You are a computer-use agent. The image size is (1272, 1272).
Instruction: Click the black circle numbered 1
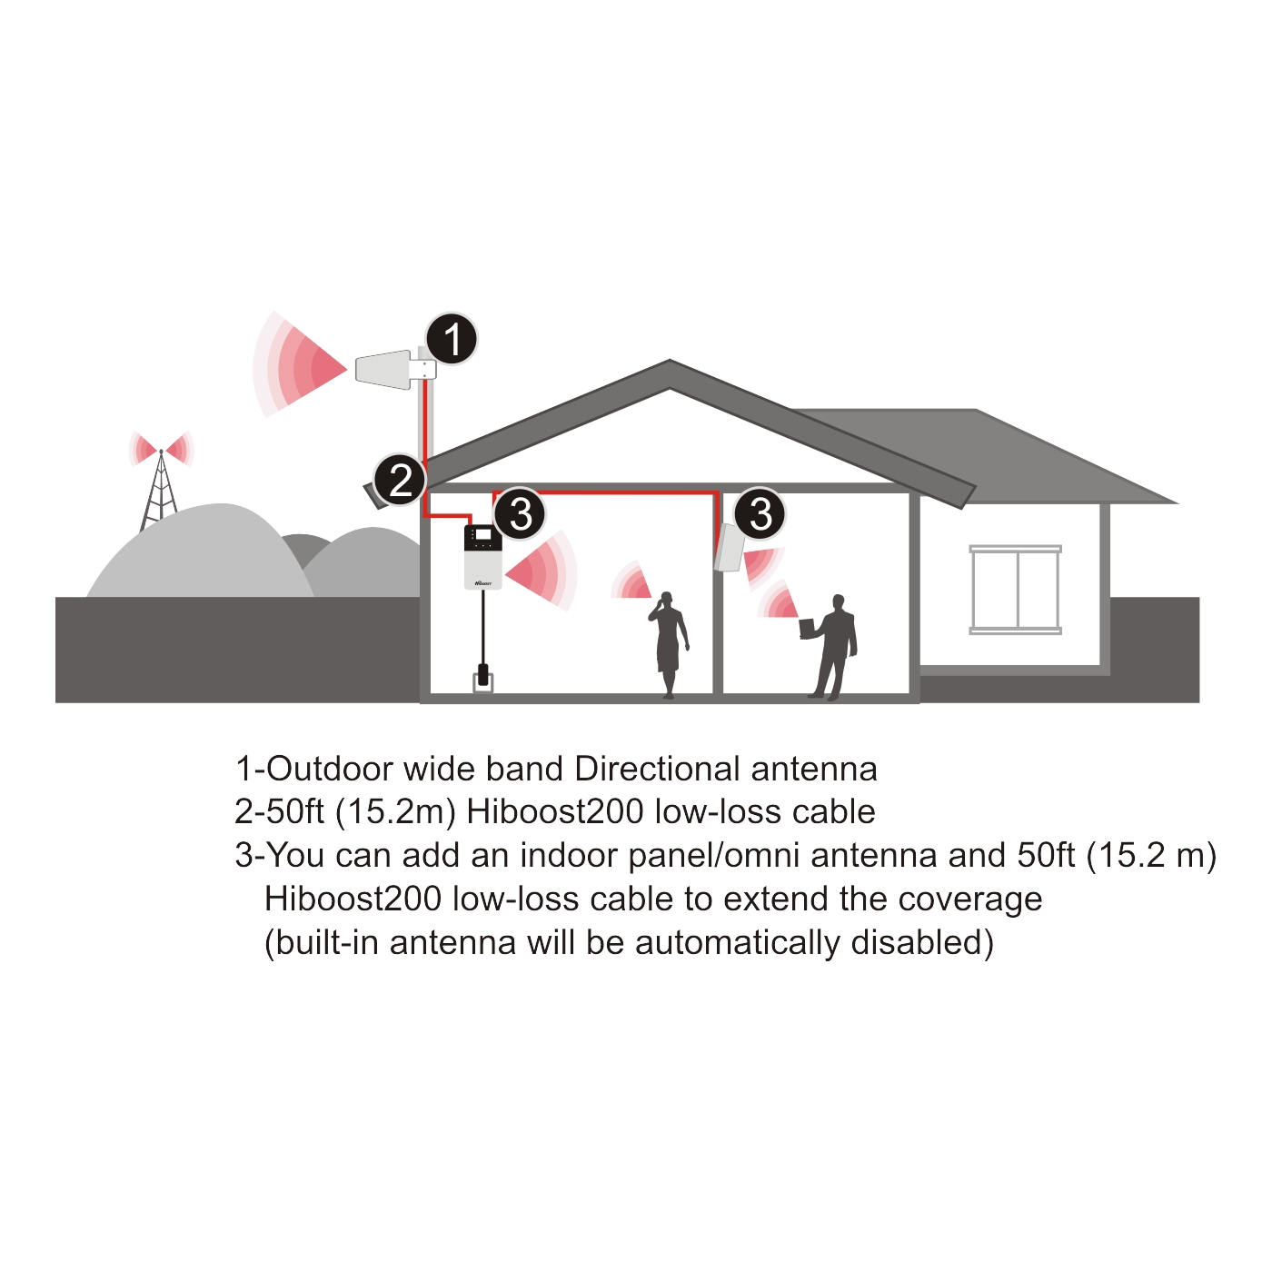(452, 339)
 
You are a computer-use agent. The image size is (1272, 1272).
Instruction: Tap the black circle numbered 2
(400, 479)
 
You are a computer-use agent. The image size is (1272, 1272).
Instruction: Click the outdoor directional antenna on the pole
(395, 368)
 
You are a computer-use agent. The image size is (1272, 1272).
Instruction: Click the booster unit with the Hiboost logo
(483, 556)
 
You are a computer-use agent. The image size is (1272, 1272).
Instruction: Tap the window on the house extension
(1015, 590)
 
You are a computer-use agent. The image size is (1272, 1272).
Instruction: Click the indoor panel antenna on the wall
(729, 547)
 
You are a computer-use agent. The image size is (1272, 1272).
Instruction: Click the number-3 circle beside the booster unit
(520, 513)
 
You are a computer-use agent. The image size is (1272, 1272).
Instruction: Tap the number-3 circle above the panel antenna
(760, 513)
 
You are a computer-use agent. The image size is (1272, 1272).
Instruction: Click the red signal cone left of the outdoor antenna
(300, 365)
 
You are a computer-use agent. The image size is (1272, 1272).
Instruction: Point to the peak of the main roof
(670, 361)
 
